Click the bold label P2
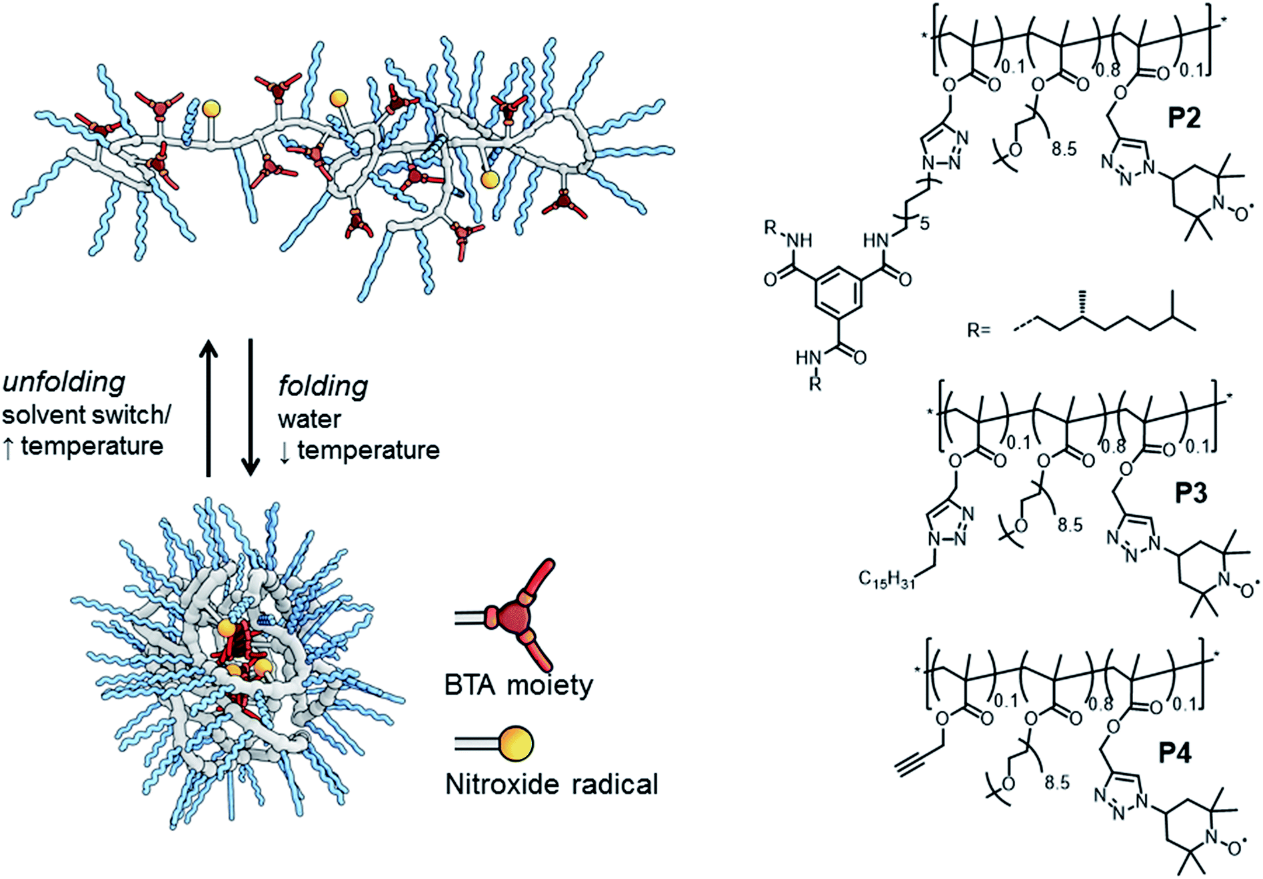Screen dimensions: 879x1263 1184,117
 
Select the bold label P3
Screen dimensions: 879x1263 1191,493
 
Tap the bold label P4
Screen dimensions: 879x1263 1174,752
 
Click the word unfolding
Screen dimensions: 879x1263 64,382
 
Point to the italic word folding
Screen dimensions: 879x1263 323,386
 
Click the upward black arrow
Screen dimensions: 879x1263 209,407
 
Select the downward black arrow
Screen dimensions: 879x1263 251,407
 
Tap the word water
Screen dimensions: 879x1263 309,419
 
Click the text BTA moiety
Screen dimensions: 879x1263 519,685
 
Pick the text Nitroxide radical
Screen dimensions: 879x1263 551,784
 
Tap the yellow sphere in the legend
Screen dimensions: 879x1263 517,744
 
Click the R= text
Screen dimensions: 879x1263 979,329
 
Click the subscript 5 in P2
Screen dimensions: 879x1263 924,223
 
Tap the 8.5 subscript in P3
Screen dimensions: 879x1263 1070,525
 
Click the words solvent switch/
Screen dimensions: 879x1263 86,415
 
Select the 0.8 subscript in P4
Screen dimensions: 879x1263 1101,704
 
